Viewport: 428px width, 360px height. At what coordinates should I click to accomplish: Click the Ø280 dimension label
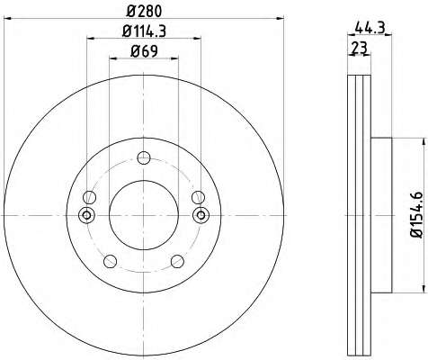coord(144,12)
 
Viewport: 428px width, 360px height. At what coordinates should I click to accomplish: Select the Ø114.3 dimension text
coord(144,31)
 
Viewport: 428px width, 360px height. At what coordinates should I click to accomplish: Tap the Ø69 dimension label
coord(144,51)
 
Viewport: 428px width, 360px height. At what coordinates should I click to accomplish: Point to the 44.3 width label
coord(370,29)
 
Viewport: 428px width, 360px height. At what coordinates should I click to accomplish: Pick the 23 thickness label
coord(359,48)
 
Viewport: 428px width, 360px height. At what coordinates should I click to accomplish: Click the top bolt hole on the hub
coord(144,157)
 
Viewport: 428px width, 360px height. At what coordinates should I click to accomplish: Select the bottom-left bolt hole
coord(110,261)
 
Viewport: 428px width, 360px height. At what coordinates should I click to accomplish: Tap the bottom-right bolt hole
coord(177,261)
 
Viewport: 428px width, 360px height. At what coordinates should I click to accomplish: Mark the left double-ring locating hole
coord(86,215)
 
